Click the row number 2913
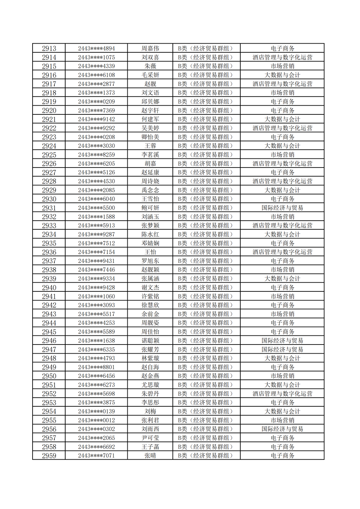(x=49, y=49)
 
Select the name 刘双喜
(x=150, y=58)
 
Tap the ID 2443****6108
(x=96, y=75)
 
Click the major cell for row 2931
(x=282, y=208)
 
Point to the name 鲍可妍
(x=150, y=208)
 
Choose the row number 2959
(x=49, y=456)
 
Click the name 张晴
(x=150, y=456)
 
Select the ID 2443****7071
(x=96, y=456)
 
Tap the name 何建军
(x=150, y=119)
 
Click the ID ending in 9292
(x=96, y=128)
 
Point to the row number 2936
(x=49, y=252)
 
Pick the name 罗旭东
(x=150, y=261)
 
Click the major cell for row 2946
(x=282, y=341)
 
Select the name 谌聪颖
(x=150, y=341)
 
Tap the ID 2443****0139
(x=96, y=411)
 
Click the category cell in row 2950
(x=207, y=376)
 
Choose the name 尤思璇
(x=150, y=385)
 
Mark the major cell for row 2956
(x=282, y=429)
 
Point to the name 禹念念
(x=150, y=190)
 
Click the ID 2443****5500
(x=96, y=208)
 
